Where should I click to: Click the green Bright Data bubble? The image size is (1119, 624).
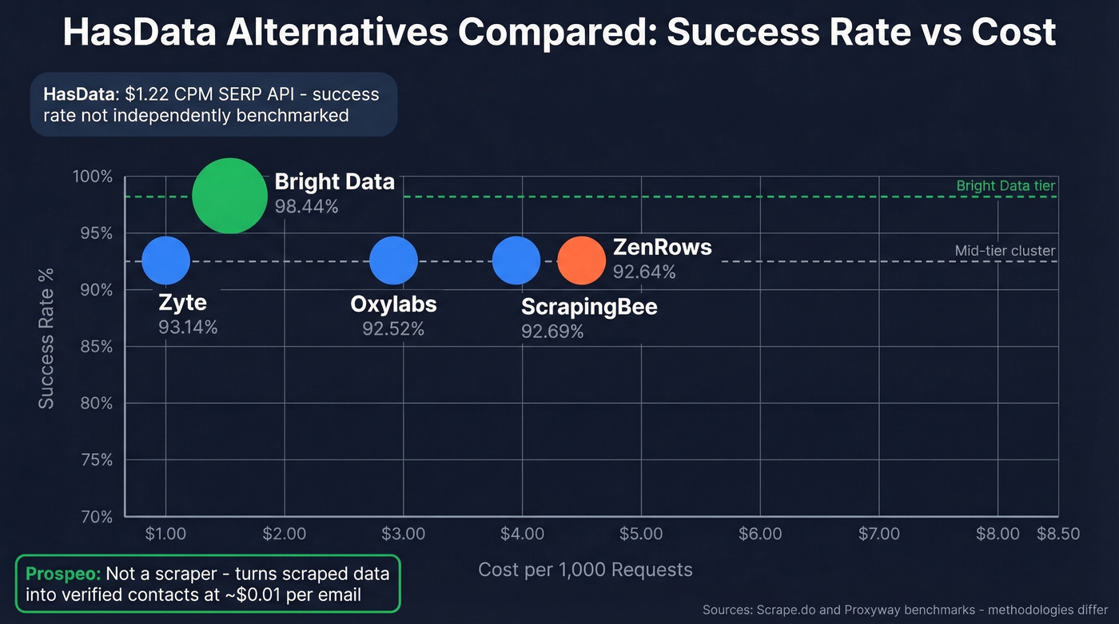(x=229, y=196)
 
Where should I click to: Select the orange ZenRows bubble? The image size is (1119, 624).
(x=581, y=260)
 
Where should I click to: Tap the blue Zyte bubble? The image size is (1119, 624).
(x=166, y=260)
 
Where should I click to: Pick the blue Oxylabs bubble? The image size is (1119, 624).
(x=393, y=260)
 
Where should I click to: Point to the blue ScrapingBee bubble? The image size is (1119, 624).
(x=516, y=260)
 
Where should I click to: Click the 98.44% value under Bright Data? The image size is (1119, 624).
(x=306, y=206)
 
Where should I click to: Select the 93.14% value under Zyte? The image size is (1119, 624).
(x=188, y=327)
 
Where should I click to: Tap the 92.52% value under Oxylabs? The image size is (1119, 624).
(x=393, y=328)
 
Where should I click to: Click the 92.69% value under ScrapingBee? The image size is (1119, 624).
(x=552, y=331)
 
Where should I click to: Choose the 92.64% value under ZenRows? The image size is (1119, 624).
(x=644, y=272)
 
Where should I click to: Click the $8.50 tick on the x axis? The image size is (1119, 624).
(x=1058, y=534)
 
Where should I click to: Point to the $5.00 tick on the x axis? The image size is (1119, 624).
(x=641, y=534)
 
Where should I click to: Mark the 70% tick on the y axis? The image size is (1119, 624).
(x=96, y=517)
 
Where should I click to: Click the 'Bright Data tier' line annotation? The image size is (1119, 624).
(x=1006, y=186)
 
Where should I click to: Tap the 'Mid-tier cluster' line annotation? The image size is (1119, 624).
(x=1005, y=251)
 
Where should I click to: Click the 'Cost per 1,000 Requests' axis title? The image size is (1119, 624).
(x=585, y=570)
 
